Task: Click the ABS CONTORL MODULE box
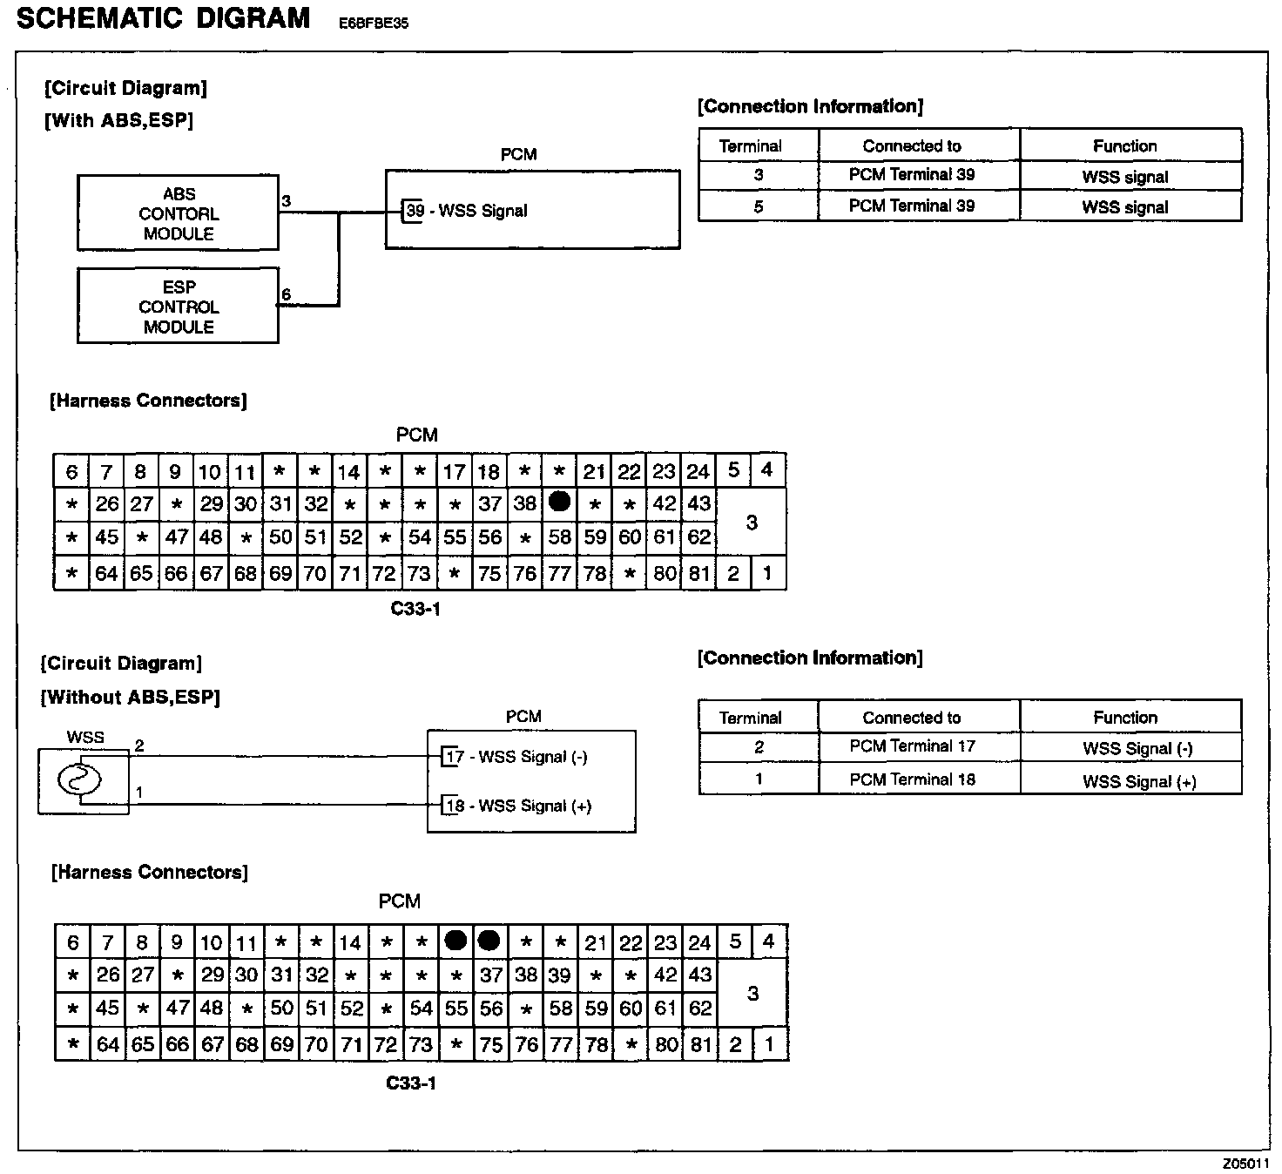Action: pyautogui.click(x=179, y=213)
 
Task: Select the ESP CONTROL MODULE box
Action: pyautogui.click(x=179, y=307)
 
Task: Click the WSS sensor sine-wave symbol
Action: pyautogui.click(x=79, y=779)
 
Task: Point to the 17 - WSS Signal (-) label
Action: pyautogui.click(x=516, y=757)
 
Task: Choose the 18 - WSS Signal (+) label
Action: pyautogui.click(x=518, y=806)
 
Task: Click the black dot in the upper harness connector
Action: pyautogui.click(x=560, y=502)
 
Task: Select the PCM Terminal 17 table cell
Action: pyautogui.click(x=912, y=746)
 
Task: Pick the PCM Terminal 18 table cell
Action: pyautogui.click(x=912, y=779)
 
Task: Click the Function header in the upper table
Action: pyautogui.click(x=1124, y=145)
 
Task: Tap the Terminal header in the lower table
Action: pyautogui.click(x=750, y=718)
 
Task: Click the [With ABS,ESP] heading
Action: pyautogui.click(x=118, y=120)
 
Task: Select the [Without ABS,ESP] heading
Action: pyautogui.click(x=131, y=697)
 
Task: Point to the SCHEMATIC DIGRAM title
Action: pyautogui.click(x=163, y=18)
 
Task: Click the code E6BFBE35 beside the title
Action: pyautogui.click(x=374, y=24)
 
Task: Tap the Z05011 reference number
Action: pyautogui.click(x=1245, y=1164)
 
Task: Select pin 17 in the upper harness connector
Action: pyautogui.click(x=454, y=472)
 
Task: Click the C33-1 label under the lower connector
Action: pyautogui.click(x=411, y=1083)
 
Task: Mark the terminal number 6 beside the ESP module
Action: pyautogui.click(x=286, y=295)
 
